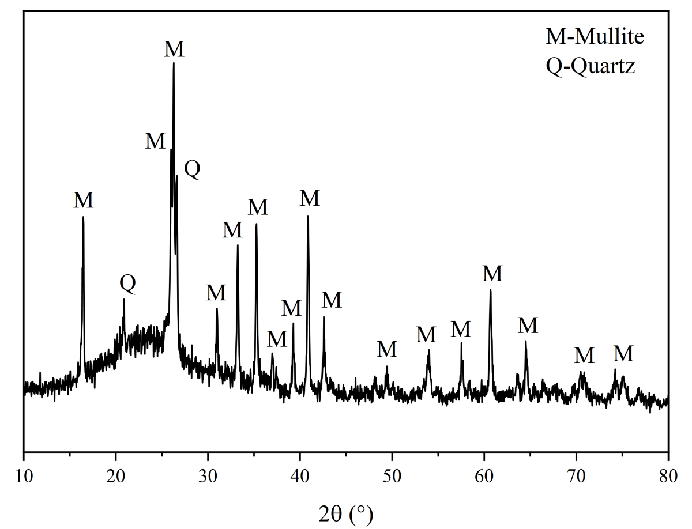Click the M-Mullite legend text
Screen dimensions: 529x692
pos(595,38)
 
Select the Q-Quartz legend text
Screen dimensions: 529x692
pos(590,67)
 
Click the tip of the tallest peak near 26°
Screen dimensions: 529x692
pos(174,63)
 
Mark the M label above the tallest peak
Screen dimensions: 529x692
pos(174,50)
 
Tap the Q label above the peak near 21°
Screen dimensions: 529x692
pos(127,284)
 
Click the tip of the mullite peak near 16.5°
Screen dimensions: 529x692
pos(83,217)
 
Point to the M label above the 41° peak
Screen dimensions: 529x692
pos(310,198)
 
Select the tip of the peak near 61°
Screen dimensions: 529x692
pos(490,290)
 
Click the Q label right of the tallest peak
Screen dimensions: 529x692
pos(192,169)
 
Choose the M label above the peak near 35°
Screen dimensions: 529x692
pos(258,207)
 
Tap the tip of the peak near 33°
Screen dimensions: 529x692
pos(238,245)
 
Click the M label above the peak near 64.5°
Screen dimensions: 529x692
pos(528,326)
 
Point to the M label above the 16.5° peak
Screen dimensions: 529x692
pos(84,201)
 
